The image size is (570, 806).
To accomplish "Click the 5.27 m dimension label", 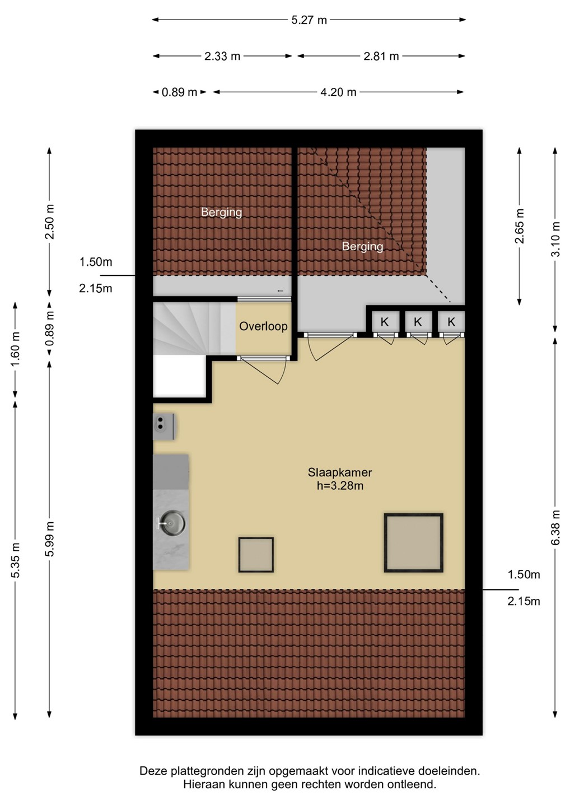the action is (309, 20).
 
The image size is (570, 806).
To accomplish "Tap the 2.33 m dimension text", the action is (222, 56).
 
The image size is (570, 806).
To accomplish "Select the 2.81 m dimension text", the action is (381, 56).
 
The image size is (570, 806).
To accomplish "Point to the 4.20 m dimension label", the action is (338, 92).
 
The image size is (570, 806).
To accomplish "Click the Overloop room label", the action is (263, 326).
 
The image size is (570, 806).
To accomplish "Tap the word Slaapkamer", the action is (340, 472).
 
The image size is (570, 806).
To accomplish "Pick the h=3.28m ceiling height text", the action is (340, 486).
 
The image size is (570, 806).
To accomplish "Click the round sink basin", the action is (173, 522).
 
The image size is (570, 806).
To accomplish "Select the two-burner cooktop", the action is (163, 427).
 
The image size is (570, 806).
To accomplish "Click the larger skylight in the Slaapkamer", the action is (413, 542).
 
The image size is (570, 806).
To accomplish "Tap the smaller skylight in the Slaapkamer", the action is (256, 555).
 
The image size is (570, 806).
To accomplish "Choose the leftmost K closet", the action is (384, 322).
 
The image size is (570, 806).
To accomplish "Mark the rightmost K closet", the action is (451, 322).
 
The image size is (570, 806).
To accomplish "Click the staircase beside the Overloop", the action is (194, 328).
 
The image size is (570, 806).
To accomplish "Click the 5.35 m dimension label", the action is (15, 560).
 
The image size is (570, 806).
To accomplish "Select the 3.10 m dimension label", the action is (555, 239).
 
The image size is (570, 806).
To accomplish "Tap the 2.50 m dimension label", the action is (50, 222).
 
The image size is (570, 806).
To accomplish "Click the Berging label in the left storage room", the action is (221, 212).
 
